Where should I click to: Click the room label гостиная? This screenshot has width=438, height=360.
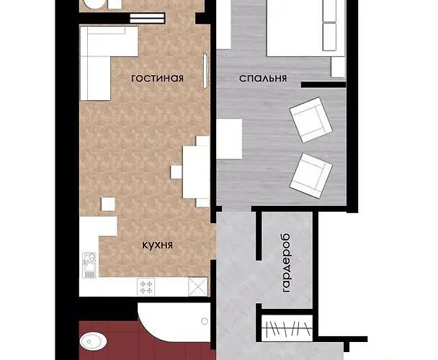click(157, 78)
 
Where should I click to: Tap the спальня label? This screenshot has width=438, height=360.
click(263, 78)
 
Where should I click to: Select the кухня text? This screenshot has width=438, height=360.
click(158, 246)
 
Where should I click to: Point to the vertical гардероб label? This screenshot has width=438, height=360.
click(287, 263)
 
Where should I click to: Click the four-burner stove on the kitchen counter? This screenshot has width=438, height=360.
click(146, 287)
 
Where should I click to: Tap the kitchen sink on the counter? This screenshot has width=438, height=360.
click(89, 265)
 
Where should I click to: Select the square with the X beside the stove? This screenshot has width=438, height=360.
click(198, 287)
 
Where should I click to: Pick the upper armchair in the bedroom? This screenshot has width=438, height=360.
click(310, 120)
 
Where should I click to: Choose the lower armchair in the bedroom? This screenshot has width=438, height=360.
click(311, 176)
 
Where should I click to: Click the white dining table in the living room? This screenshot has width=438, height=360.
click(196, 172)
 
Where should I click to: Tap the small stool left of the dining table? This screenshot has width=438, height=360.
click(176, 172)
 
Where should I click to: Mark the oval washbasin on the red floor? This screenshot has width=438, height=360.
click(93, 341)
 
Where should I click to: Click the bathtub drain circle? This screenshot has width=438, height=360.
click(205, 321)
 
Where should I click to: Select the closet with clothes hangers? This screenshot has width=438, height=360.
click(287, 328)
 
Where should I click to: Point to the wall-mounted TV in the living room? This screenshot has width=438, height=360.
click(205, 71)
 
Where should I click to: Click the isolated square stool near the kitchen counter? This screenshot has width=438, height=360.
click(108, 204)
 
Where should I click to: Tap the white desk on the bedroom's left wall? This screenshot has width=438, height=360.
click(229, 139)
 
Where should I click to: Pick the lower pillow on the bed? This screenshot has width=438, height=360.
click(329, 37)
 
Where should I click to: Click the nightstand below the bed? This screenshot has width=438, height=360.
click(339, 67)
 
